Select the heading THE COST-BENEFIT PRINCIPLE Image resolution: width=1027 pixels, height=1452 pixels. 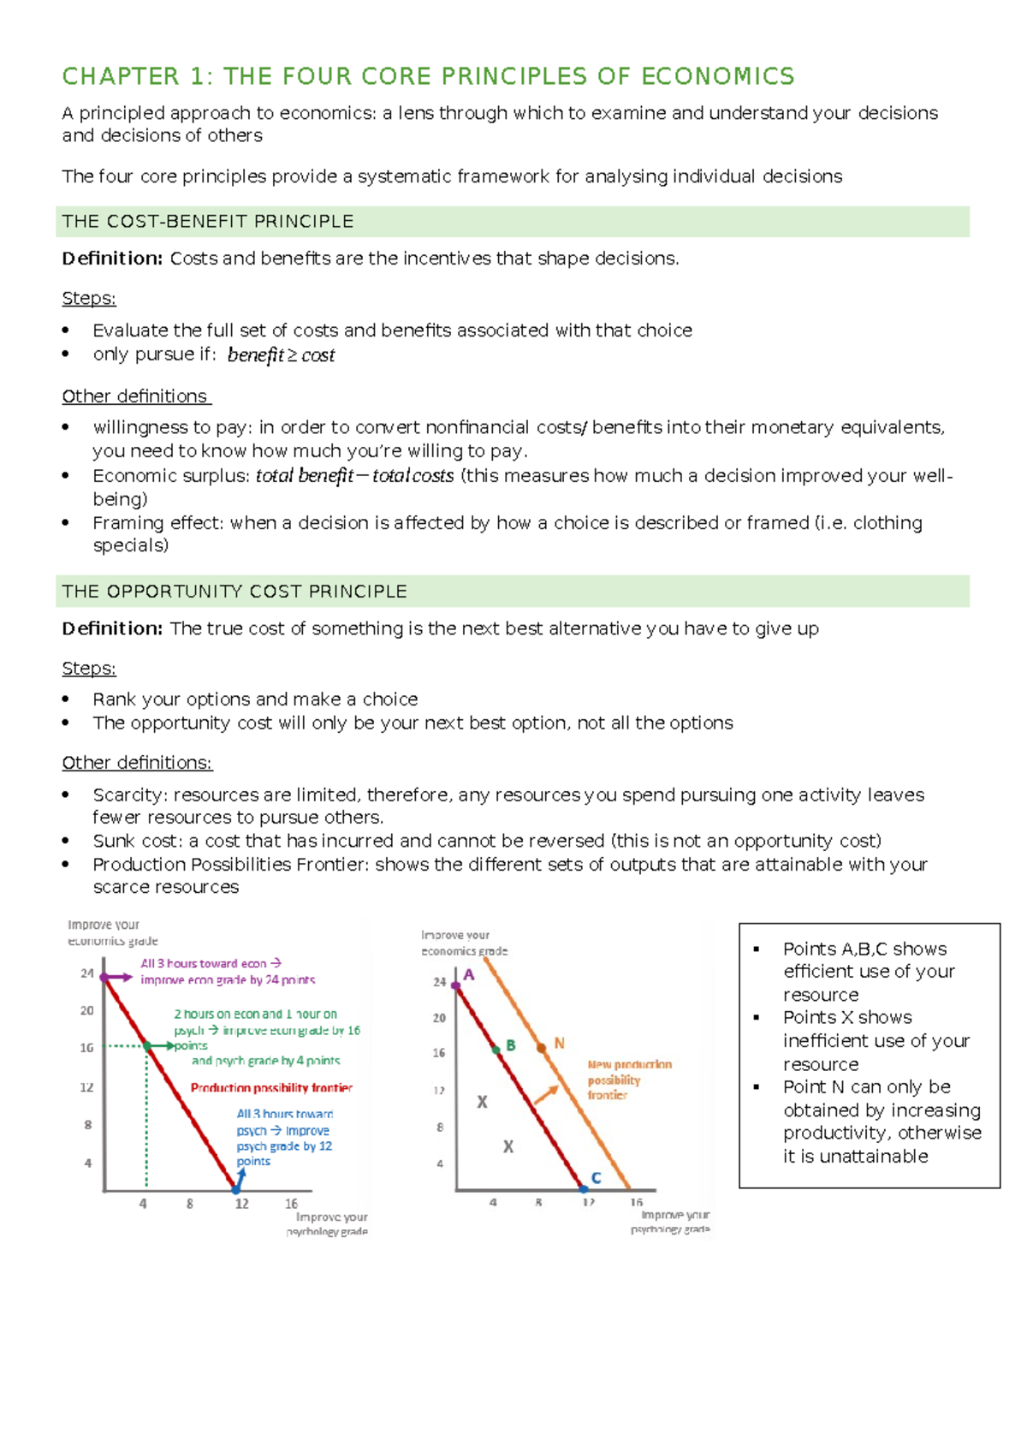tap(208, 222)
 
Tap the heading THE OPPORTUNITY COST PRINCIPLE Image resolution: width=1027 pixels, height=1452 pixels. tap(234, 592)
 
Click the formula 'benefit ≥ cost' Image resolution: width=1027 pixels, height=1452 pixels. tap(281, 355)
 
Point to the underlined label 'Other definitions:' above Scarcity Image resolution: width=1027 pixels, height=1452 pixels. tap(137, 763)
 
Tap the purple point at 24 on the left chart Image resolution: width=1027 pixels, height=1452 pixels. tap(104, 977)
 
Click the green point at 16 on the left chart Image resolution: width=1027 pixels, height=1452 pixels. tap(147, 1046)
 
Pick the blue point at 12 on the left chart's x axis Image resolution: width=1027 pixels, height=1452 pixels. tap(237, 1189)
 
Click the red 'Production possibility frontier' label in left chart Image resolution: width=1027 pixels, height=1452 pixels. tap(271, 1088)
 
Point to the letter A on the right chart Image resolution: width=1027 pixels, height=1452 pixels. tap(469, 975)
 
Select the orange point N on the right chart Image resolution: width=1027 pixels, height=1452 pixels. tap(542, 1047)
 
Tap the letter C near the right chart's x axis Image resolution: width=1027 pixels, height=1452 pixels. tap(597, 1178)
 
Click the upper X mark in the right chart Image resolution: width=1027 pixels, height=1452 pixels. tap(482, 1103)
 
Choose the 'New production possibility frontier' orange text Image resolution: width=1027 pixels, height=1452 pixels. tap(629, 1080)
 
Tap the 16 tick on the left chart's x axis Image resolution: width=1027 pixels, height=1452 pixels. tap(292, 1204)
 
